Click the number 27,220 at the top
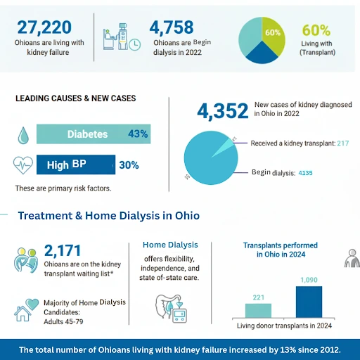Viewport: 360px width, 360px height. (44, 27)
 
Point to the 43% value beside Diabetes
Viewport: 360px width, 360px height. (138, 134)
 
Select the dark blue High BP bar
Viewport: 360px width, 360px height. (75, 165)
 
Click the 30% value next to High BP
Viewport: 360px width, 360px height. (129, 165)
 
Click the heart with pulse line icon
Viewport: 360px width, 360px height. (23, 165)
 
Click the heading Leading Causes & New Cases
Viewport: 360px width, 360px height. (75, 98)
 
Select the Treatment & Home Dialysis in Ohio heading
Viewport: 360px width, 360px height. (109, 216)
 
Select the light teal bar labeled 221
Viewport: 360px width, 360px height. (258, 310)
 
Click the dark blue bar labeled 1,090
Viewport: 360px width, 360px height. (309, 302)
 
